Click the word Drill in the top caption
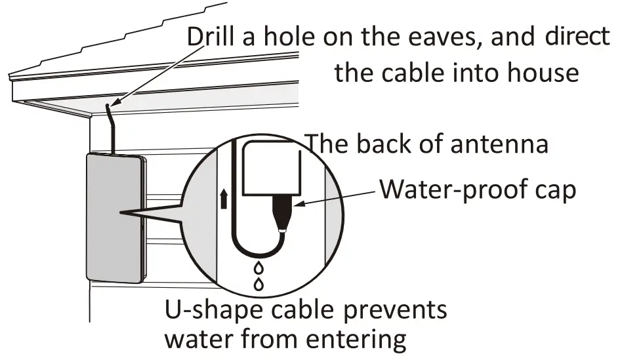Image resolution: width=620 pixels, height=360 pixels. tap(209, 37)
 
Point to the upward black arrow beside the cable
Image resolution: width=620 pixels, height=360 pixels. tap(224, 197)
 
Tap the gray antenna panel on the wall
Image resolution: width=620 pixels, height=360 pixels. tap(112, 216)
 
